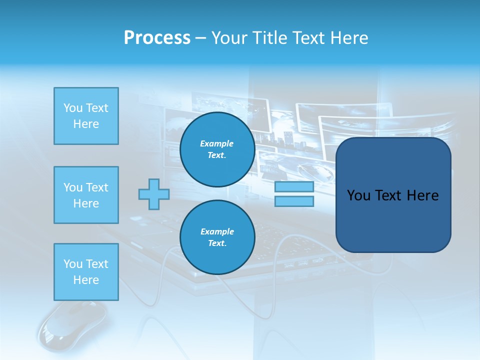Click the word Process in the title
157,38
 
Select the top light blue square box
86,116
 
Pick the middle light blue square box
86,195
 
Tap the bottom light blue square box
86,272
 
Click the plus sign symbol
153,194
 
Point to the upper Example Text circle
217,149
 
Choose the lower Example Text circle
217,237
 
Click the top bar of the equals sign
294,187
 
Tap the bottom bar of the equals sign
294,201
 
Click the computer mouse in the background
73,325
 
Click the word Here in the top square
86,124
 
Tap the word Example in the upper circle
217,143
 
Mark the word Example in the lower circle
217,231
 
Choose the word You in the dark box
358,195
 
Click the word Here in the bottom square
86,280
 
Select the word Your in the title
229,38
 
